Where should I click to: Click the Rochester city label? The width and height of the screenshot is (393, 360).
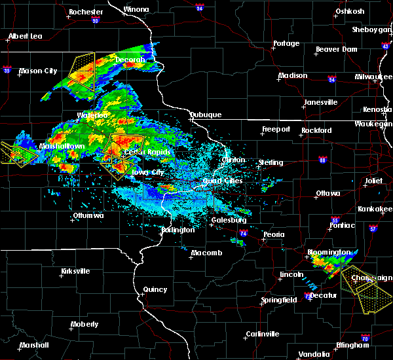[86, 12]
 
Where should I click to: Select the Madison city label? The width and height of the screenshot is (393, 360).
[292, 75]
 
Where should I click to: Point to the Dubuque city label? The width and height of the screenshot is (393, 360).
[205, 115]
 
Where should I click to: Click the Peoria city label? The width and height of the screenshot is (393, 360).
[273, 234]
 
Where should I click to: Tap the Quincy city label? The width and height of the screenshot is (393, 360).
[155, 289]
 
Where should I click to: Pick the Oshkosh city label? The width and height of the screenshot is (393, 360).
[350, 11]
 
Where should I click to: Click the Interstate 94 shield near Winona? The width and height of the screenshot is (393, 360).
[199, 9]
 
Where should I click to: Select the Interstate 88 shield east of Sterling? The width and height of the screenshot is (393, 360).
[322, 159]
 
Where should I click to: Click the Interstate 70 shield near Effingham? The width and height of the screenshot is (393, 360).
[364, 345]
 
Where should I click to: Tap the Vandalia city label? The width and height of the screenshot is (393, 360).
[313, 354]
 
